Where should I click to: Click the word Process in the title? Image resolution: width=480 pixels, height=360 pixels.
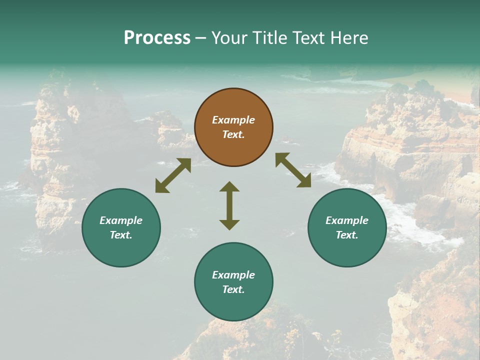click(x=157, y=38)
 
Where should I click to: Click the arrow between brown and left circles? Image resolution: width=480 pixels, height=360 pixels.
click(x=173, y=175)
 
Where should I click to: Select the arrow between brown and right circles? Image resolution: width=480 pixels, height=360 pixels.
click(x=293, y=170)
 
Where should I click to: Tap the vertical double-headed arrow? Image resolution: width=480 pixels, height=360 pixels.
click(x=229, y=205)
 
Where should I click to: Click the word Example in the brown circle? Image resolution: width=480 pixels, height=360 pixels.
click(x=233, y=120)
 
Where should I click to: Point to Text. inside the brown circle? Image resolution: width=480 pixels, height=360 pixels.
click(x=233, y=134)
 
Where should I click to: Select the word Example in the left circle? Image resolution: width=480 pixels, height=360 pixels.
click(x=121, y=220)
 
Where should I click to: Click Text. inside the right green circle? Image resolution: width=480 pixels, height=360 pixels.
click(x=347, y=235)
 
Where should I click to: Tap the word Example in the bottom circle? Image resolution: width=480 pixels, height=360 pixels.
click(x=233, y=275)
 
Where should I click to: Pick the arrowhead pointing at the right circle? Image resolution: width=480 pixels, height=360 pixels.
click(x=304, y=180)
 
